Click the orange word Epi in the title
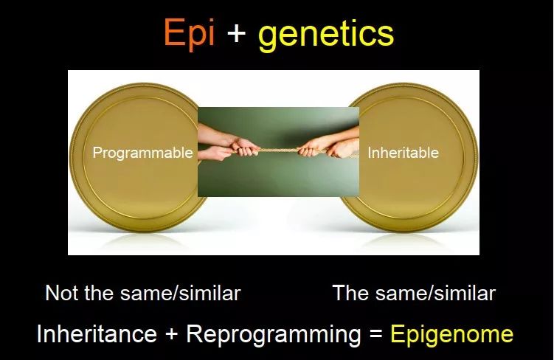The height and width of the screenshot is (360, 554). pos(189,34)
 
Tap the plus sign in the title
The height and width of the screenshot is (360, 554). pos(236,34)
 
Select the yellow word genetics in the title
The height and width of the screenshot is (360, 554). pos(326,34)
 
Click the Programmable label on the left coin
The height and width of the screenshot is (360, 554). pos(142,153)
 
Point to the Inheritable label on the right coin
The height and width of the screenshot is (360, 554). pos(403,153)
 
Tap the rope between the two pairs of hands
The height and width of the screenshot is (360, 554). pos(277,150)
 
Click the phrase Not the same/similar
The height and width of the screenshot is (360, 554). pos(143,293)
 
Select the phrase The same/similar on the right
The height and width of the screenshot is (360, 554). pos(414,293)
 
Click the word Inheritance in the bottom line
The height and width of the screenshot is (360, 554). pos(97,334)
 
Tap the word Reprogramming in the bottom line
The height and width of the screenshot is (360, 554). pos(274,334)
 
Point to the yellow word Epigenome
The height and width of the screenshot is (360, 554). pos(451,334)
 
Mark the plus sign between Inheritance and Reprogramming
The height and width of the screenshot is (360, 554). pos(171,335)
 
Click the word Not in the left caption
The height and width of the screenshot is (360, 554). pos(61,293)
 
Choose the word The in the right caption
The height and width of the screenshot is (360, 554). pos(350,293)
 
